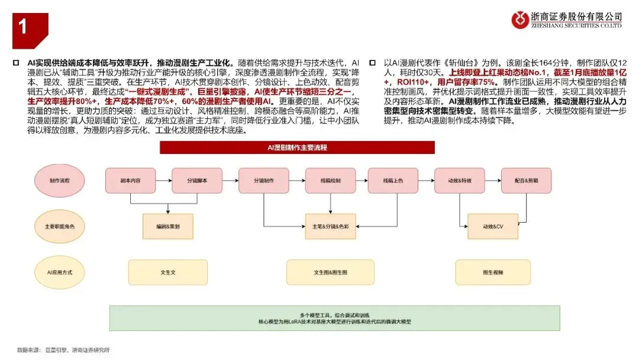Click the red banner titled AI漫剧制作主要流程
coord(297,147)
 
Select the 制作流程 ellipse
coord(59,180)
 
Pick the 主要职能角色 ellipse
coord(59,226)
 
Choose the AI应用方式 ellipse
coord(59,272)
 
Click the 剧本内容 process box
coord(131,180)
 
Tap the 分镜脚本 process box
coord(198,180)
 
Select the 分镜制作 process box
coord(264,180)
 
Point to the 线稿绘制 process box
coord(330,180)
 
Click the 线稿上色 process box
coord(393,180)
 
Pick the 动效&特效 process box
coord(460,180)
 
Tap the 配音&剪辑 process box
coord(526,180)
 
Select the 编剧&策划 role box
coord(169,226)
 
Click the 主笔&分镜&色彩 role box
coord(330,226)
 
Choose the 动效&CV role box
coord(492,226)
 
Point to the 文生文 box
coord(168,272)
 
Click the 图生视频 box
coord(492,272)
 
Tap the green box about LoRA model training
coord(334,318)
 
